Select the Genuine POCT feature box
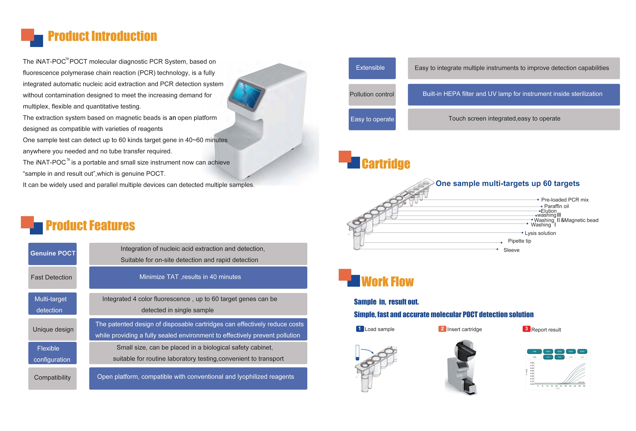[x=53, y=254]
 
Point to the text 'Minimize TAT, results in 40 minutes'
[x=190, y=277]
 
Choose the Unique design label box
[x=53, y=329]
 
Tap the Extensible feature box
[x=372, y=68]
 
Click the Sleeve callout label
[x=511, y=250]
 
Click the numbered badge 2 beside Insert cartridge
[x=442, y=329]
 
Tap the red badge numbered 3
[x=526, y=329]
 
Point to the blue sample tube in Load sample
[x=357, y=353]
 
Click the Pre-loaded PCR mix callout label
[x=565, y=200]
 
